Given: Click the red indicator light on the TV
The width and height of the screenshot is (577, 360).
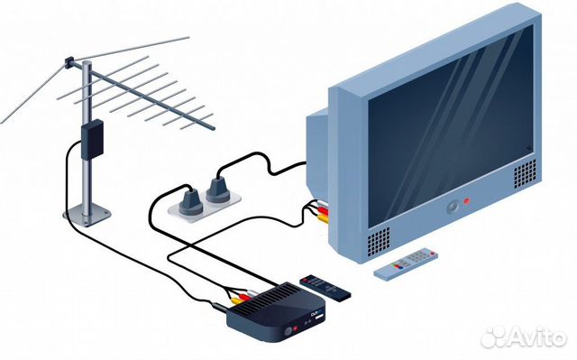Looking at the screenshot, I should tap(466, 199).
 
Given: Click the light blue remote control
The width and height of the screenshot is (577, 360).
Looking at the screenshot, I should tap(408, 262).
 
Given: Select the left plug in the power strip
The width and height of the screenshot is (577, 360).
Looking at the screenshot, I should tap(190, 199).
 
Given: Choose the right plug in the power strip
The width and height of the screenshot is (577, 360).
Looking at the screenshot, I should tap(216, 189).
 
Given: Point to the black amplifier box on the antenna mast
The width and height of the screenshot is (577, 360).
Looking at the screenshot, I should tap(91, 137).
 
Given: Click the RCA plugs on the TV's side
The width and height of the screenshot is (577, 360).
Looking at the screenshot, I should tap(319, 212).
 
